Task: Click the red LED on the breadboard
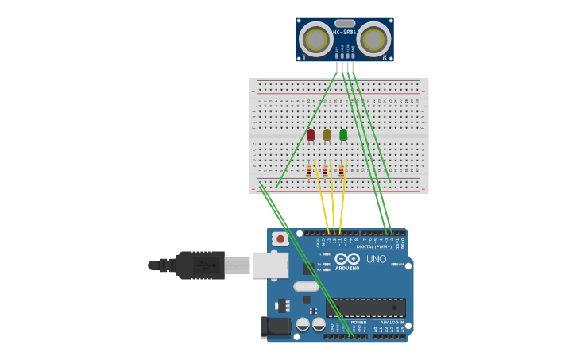coord(311,135)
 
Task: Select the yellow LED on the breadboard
coord(327,135)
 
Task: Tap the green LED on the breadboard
coord(343,135)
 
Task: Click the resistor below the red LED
coord(308,171)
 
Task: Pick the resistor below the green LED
coord(342,171)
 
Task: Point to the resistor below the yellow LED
coord(325,171)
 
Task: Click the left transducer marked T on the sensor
coord(316,39)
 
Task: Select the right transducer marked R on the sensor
coord(373,39)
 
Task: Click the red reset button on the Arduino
coord(280,238)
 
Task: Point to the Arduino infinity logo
coord(347,259)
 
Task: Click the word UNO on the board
coord(376,259)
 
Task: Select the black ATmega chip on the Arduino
coord(366,308)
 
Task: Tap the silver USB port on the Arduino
coord(270,265)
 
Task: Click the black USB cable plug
coord(199,265)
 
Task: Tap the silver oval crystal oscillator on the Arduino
coord(306,286)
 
